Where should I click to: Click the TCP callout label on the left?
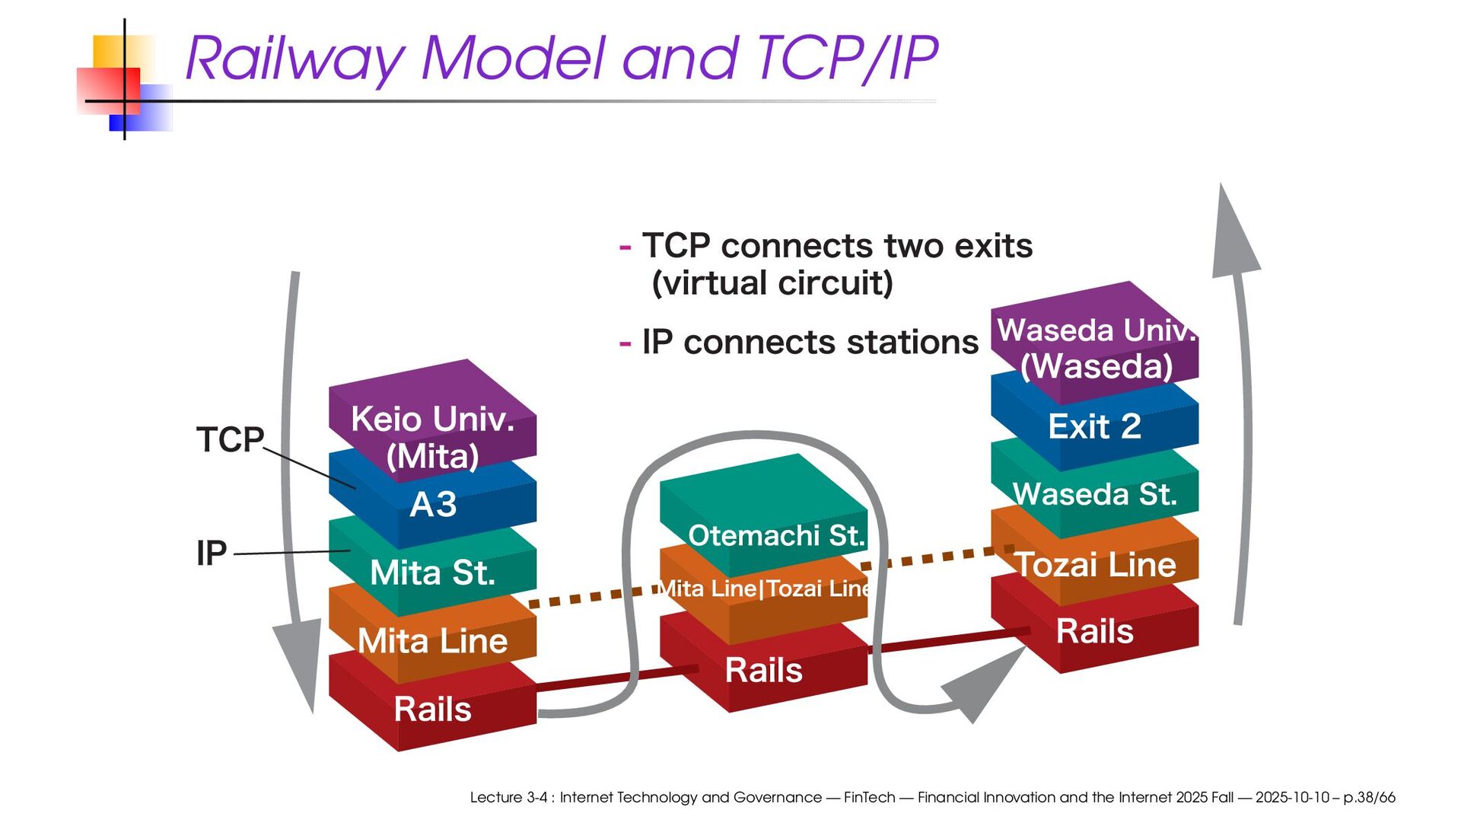pyautogui.click(x=230, y=439)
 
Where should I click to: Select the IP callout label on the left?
pyautogui.click(x=212, y=553)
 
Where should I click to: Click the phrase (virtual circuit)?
pyautogui.click(x=772, y=283)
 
